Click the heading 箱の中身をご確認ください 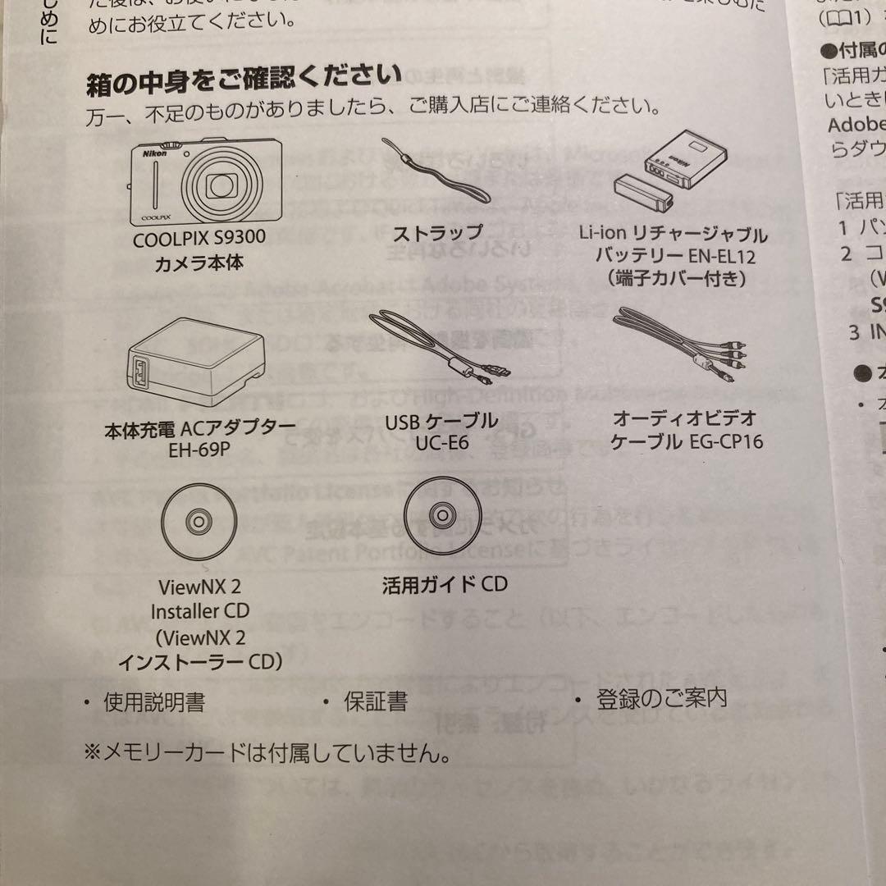click(x=244, y=80)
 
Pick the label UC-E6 click(x=442, y=443)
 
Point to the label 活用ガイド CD click(x=445, y=584)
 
